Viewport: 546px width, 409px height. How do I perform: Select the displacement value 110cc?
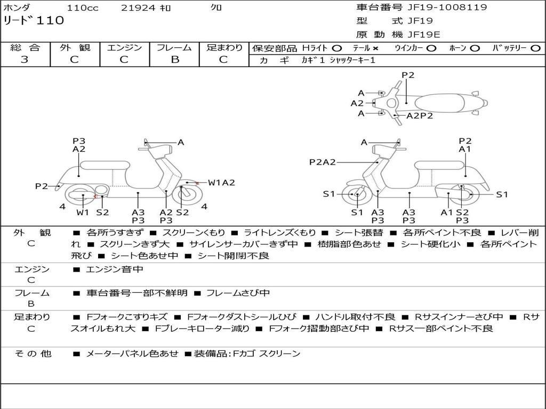coord(83,8)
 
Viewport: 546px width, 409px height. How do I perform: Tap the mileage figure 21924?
coord(138,8)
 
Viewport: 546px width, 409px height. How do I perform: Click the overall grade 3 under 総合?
coord(25,60)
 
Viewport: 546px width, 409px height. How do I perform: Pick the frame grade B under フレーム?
coord(175,60)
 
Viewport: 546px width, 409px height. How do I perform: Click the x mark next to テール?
coord(375,48)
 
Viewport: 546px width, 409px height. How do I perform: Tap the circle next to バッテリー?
coord(536,48)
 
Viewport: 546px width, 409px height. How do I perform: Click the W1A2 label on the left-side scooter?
coord(221,183)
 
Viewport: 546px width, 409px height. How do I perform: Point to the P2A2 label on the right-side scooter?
coord(323,162)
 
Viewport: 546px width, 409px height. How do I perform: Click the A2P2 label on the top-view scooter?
coord(420,116)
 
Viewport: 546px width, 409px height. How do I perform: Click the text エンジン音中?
coord(114,269)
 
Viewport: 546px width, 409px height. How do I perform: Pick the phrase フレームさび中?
coord(238,293)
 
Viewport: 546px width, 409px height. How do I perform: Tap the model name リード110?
coord(34,20)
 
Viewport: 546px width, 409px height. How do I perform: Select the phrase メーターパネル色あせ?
coord(132,354)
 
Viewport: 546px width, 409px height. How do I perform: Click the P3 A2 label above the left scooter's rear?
coord(79,145)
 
